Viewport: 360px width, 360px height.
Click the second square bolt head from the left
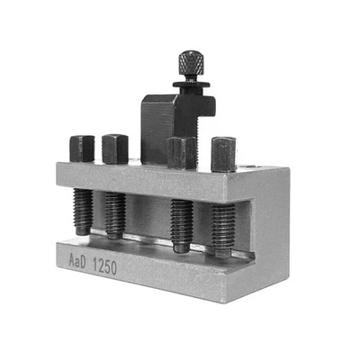114,148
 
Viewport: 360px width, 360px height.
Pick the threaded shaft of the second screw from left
115,213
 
